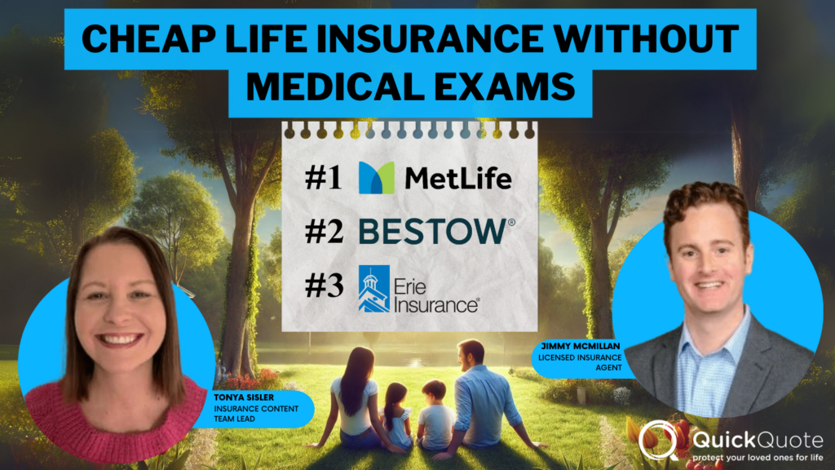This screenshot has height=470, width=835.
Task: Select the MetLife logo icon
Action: tap(376, 177)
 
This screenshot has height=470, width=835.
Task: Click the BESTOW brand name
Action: tap(432, 232)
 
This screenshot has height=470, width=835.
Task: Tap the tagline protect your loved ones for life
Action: tap(754, 459)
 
